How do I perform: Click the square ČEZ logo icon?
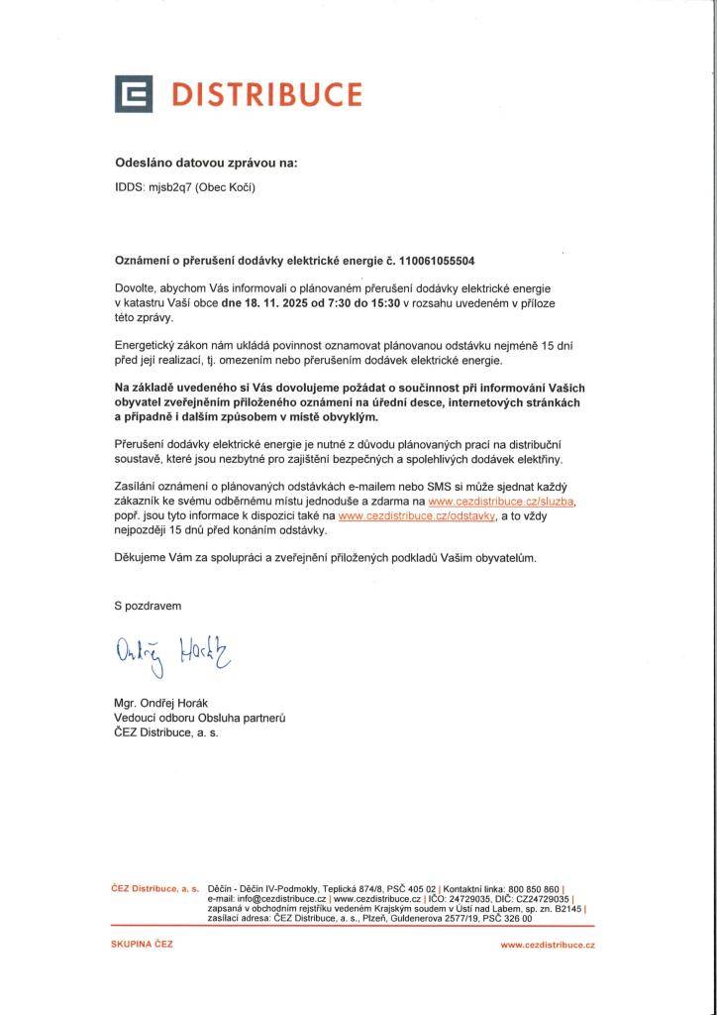(134, 93)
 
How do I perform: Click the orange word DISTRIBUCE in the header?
(266, 94)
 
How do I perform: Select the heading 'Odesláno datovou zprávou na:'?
(205, 162)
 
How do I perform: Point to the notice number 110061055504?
(437, 262)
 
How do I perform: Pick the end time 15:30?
(388, 302)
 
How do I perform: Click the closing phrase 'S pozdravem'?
(148, 605)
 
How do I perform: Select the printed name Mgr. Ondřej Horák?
(167, 704)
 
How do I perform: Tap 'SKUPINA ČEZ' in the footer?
(142, 945)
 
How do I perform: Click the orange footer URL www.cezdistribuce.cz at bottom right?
(547, 946)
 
